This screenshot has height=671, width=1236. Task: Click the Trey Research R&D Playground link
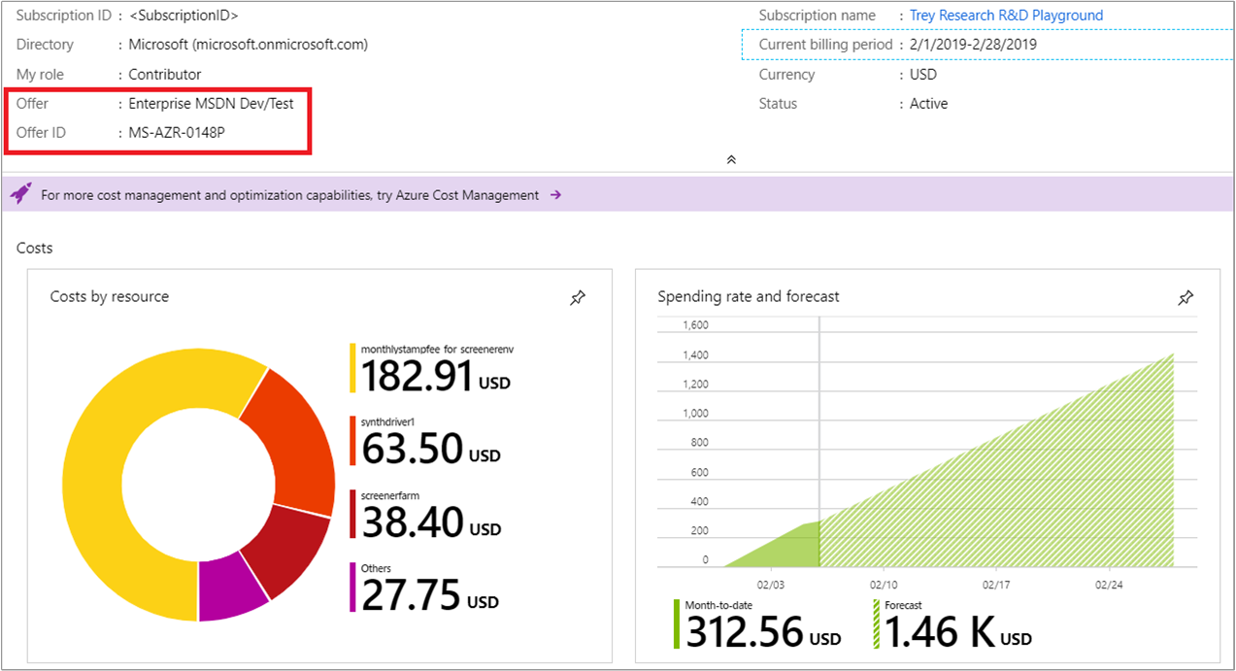click(1006, 16)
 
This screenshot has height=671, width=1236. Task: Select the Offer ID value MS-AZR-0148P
click(178, 132)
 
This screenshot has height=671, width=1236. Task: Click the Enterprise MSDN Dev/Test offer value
click(211, 103)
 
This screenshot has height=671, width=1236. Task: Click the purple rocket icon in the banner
click(20, 194)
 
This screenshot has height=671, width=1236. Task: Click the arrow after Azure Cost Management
click(555, 195)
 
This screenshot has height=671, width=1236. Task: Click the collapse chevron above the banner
click(731, 159)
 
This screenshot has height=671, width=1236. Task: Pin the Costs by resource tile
click(578, 298)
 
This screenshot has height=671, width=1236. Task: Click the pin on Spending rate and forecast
click(1186, 298)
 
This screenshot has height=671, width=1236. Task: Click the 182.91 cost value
click(417, 377)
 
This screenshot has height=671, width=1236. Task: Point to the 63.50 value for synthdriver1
click(412, 449)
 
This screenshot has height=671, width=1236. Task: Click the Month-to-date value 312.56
click(745, 632)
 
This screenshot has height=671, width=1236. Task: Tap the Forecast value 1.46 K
click(939, 632)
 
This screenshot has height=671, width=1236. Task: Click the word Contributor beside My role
click(165, 74)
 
